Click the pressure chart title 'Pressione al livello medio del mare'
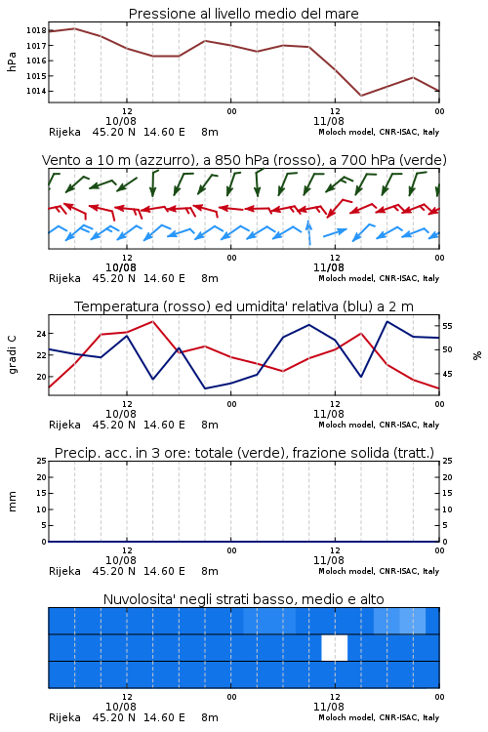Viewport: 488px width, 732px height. (x=243, y=14)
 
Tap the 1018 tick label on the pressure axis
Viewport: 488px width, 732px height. (x=36, y=31)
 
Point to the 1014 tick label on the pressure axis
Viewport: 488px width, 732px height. (x=36, y=91)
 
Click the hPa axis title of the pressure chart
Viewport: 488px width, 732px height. (x=12, y=61)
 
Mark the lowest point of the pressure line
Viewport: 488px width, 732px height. (x=361, y=96)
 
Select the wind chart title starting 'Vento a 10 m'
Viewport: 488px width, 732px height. (x=244, y=160)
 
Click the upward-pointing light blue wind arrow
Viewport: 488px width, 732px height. (x=308, y=232)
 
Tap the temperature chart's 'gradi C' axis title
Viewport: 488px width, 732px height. (x=12, y=354)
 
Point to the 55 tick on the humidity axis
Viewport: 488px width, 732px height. (x=447, y=326)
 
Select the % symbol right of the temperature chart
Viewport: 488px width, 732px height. (x=477, y=355)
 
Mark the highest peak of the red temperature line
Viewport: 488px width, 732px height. (x=152, y=321)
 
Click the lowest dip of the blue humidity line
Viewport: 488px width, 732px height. (x=205, y=388)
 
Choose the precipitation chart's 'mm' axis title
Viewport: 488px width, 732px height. (x=12, y=502)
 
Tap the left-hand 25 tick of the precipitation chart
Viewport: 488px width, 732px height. (x=42, y=462)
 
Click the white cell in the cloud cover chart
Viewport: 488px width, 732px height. (x=335, y=648)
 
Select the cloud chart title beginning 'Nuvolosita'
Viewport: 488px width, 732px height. (x=243, y=599)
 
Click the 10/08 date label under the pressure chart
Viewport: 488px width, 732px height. (x=121, y=121)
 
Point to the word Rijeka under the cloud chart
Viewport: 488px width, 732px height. (x=64, y=717)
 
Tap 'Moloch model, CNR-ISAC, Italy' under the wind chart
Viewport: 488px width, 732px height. (x=379, y=278)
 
